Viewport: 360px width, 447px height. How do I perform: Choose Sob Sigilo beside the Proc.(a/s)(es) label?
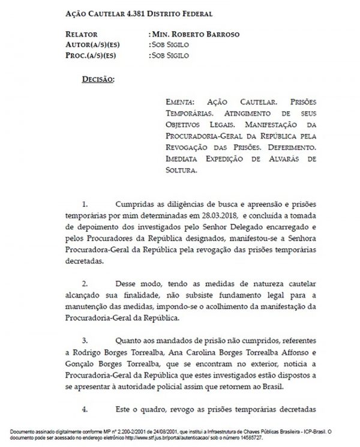click(170, 56)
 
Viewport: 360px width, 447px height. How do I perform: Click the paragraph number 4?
click(84, 410)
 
